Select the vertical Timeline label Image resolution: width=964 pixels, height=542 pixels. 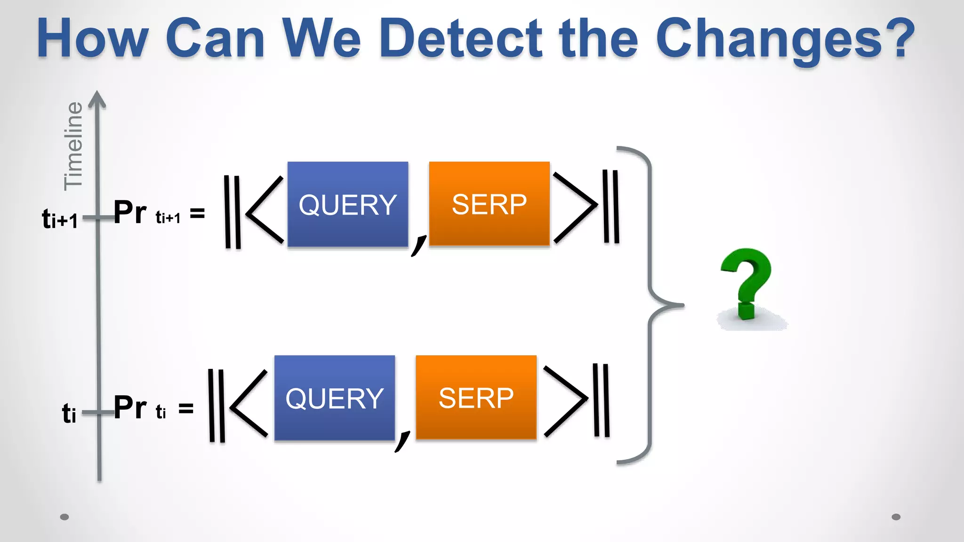pyautogui.click(x=73, y=146)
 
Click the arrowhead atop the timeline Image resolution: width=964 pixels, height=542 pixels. pyautogui.click(x=97, y=99)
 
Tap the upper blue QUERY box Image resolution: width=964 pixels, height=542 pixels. pyautogui.click(x=348, y=204)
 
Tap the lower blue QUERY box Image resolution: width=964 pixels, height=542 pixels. pyautogui.click(x=335, y=398)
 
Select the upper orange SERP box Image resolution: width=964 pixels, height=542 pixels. pyautogui.click(x=490, y=204)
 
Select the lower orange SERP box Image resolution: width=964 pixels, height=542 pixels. pyautogui.click(x=476, y=398)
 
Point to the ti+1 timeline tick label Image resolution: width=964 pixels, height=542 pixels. pyautogui.click(x=60, y=219)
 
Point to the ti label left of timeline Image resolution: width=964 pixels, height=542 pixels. pyautogui.click(x=69, y=413)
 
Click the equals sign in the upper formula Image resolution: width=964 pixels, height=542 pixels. pyautogui.click(x=197, y=214)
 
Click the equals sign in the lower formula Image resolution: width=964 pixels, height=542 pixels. pyautogui.click(x=186, y=408)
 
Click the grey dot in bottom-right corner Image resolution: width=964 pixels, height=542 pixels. pyautogui.click(x=896, y=517)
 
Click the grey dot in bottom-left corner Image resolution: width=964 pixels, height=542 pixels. pyautogui.click(x=64, y=517)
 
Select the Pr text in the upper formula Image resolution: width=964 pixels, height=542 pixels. pyautogui.click(x=130, y=213)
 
